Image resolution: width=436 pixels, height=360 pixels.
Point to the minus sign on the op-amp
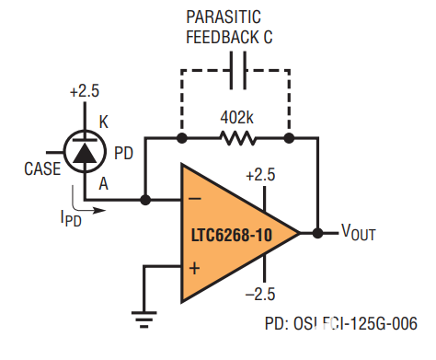coord(194,199)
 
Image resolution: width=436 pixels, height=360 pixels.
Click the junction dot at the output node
coord(317,232)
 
